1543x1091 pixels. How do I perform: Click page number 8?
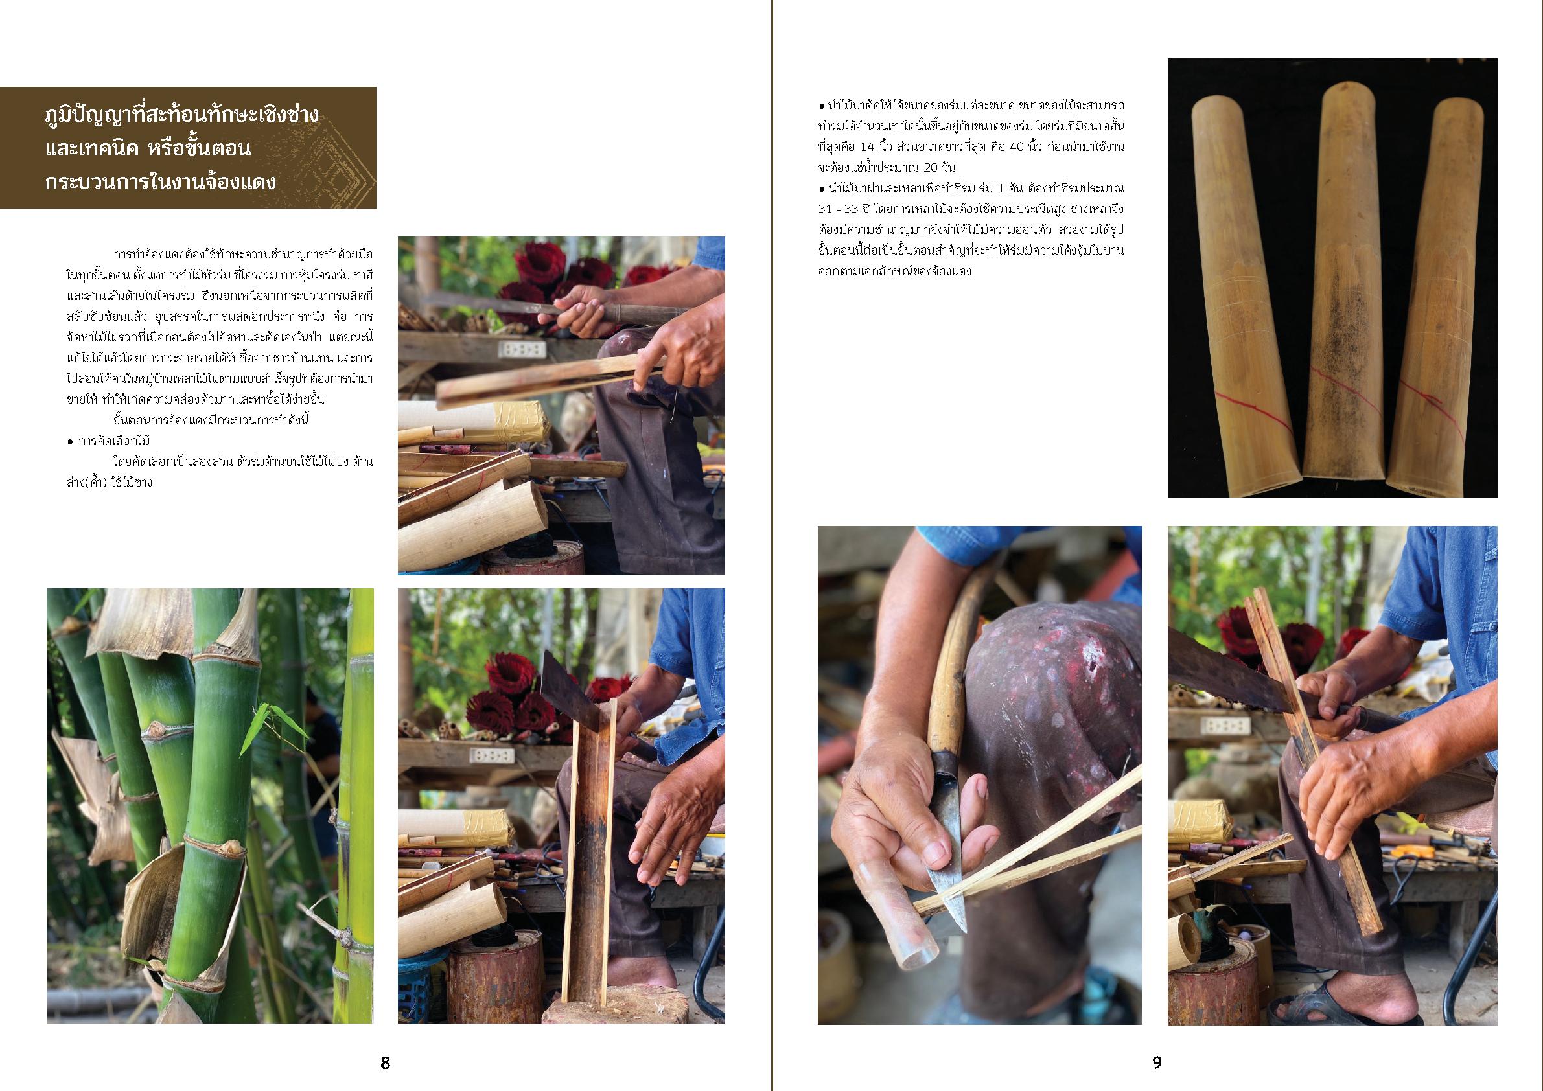[x=385, y=1062]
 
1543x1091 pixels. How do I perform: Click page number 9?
[x=1157, y=1062]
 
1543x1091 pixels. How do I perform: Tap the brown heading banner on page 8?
[x=188, y=148]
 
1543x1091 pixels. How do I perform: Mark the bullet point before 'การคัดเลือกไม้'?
[x=71, y=441]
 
